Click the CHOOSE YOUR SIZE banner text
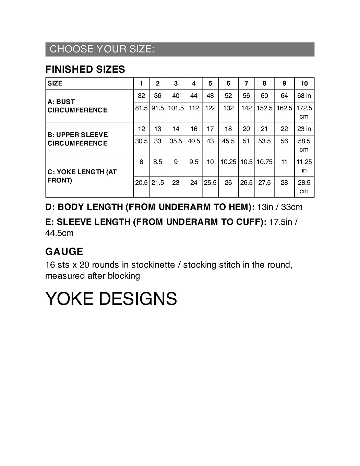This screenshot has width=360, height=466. (102, 49)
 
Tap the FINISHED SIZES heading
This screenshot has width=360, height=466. (85, 69)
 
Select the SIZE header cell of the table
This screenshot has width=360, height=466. (55, 83)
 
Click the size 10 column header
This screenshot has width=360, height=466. (304, 83)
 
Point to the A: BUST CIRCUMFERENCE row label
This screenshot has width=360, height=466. (77, 106)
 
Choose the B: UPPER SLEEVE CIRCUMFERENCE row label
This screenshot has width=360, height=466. (77, 139)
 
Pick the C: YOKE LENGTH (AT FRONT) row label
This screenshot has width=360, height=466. (82, 176)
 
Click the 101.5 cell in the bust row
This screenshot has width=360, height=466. (176, 108)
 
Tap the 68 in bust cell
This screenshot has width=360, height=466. (304, 96)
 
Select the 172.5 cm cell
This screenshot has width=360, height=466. (304, 112)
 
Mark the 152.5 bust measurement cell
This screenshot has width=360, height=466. (264, 108)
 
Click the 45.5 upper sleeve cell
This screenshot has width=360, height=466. (228, 141)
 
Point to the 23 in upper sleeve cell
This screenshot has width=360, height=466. (304, 129)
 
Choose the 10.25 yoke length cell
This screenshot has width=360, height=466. (228, 162)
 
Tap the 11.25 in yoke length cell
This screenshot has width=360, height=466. (304, 166)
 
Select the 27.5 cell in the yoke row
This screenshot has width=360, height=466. (264, 183)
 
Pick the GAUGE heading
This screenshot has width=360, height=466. (64, 252)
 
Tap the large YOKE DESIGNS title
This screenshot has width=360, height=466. (111, 299)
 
